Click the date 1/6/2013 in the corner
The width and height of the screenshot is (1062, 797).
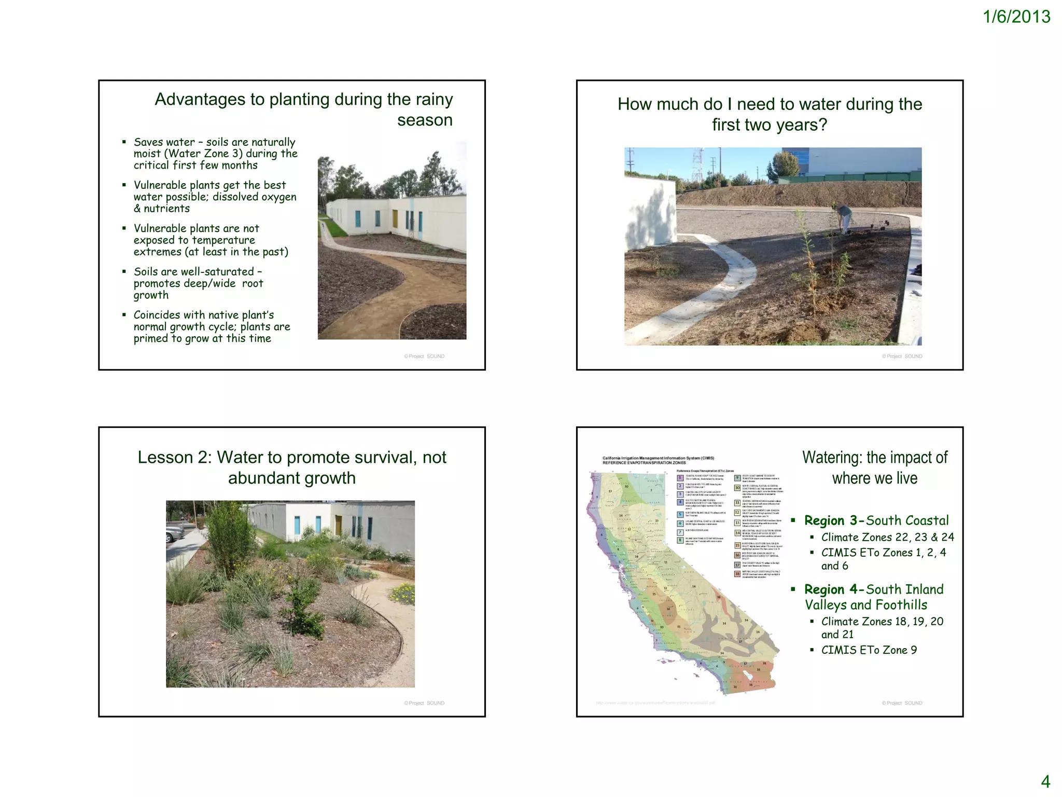[x=1016, y=17]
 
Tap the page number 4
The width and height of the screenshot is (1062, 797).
[x=1045, y=781]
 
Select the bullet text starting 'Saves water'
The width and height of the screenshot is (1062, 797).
[x=215, y=154]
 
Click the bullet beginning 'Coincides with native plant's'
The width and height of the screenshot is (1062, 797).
[x=212, y=327]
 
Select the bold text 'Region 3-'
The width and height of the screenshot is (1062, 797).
[x=834, y=520]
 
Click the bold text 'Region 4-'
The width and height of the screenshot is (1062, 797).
[x=834, y=589]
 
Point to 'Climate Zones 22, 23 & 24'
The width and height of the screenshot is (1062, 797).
[x=887, y=538]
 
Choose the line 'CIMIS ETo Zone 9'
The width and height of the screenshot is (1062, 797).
[x=869, y=650]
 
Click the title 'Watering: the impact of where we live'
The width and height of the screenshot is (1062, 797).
[x=874, y=468]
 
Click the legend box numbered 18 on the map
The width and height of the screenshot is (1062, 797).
[x=737, y=574]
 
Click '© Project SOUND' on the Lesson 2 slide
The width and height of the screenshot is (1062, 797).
[x=424, y=703]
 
